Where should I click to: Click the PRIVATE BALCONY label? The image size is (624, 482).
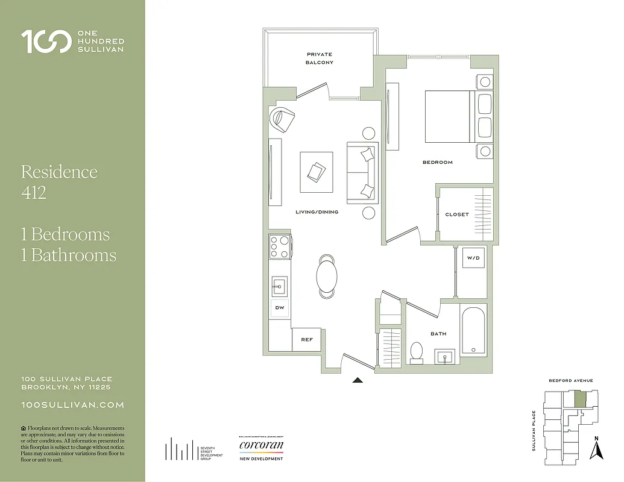[x=319, y=58]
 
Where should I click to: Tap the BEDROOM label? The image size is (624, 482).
[x=437, y=162]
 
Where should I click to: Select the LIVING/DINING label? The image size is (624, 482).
[x=317, y=212]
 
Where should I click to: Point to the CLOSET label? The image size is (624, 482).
[x=456, y=214]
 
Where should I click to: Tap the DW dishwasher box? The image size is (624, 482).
[x=280, y=308]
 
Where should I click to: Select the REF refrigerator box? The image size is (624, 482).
[x=306, y=340]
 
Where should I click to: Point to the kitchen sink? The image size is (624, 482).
[x=279, y=285]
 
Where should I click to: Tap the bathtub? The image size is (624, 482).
[x=473, y=331]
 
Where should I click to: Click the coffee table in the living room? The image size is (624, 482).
[x=317, y=172]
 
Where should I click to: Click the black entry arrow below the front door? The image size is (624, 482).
[x=358, y=380]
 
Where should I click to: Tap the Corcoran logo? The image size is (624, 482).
[x=261, y=446]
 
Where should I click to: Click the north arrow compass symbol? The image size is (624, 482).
[x=596, y=448]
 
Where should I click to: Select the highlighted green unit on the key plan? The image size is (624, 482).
[x=579, y=399]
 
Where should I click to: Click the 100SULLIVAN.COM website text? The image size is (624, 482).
[x=72, y=405]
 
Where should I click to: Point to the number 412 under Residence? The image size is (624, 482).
[x=34, y=193]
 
